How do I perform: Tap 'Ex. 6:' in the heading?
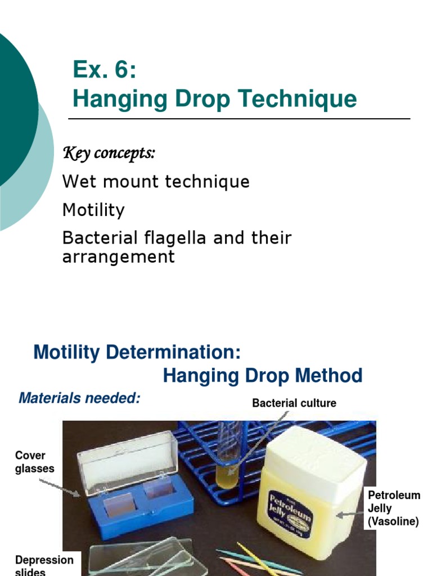click(104, 70)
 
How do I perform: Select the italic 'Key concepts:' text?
click(109, 153)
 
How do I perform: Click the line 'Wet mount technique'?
click(156, 182)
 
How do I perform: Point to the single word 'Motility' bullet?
click(93, 210)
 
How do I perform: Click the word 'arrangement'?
click(119, 257)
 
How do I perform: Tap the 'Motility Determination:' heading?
click(137, 353)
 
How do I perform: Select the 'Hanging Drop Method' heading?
click(263, 376)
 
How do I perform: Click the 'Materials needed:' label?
click(79, 398)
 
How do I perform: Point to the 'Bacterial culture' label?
click(294, 403)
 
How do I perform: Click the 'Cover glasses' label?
click(34, 462)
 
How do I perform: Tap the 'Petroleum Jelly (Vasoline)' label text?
click(394, 508)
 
